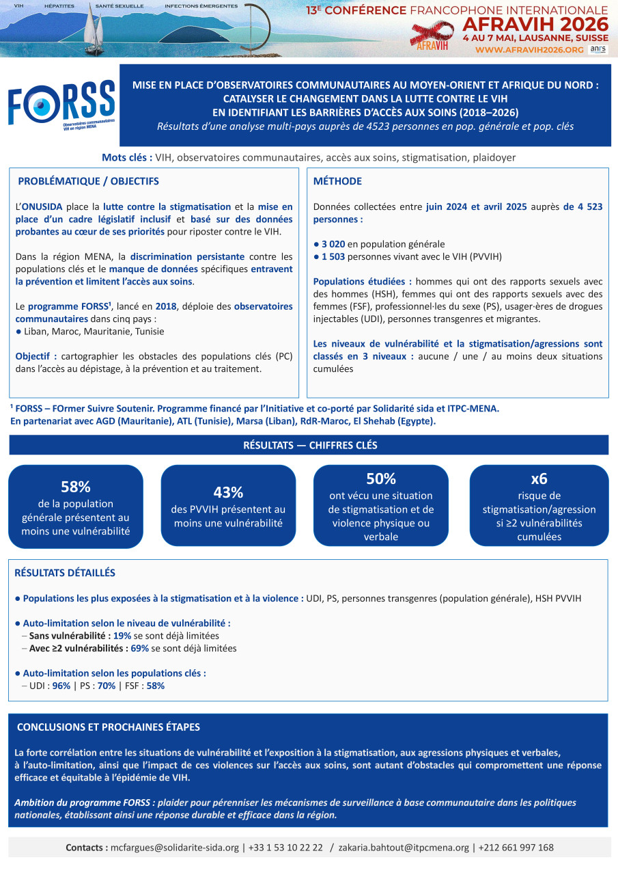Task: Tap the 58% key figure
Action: point(75,487)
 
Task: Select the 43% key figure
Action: point(228,492)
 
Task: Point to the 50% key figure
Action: point(380,479)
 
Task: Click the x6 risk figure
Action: point(539,478)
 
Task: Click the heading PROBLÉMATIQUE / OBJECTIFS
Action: point(88,181)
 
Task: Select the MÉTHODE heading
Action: point(337,181)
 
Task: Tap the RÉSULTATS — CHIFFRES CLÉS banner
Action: point(309,445)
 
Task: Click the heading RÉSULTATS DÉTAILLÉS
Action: point(65,573)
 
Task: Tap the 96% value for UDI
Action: point(61,686)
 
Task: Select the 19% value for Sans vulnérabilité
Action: point(122,635)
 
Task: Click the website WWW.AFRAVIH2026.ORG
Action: point(529,49)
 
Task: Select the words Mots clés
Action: point(127,157)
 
